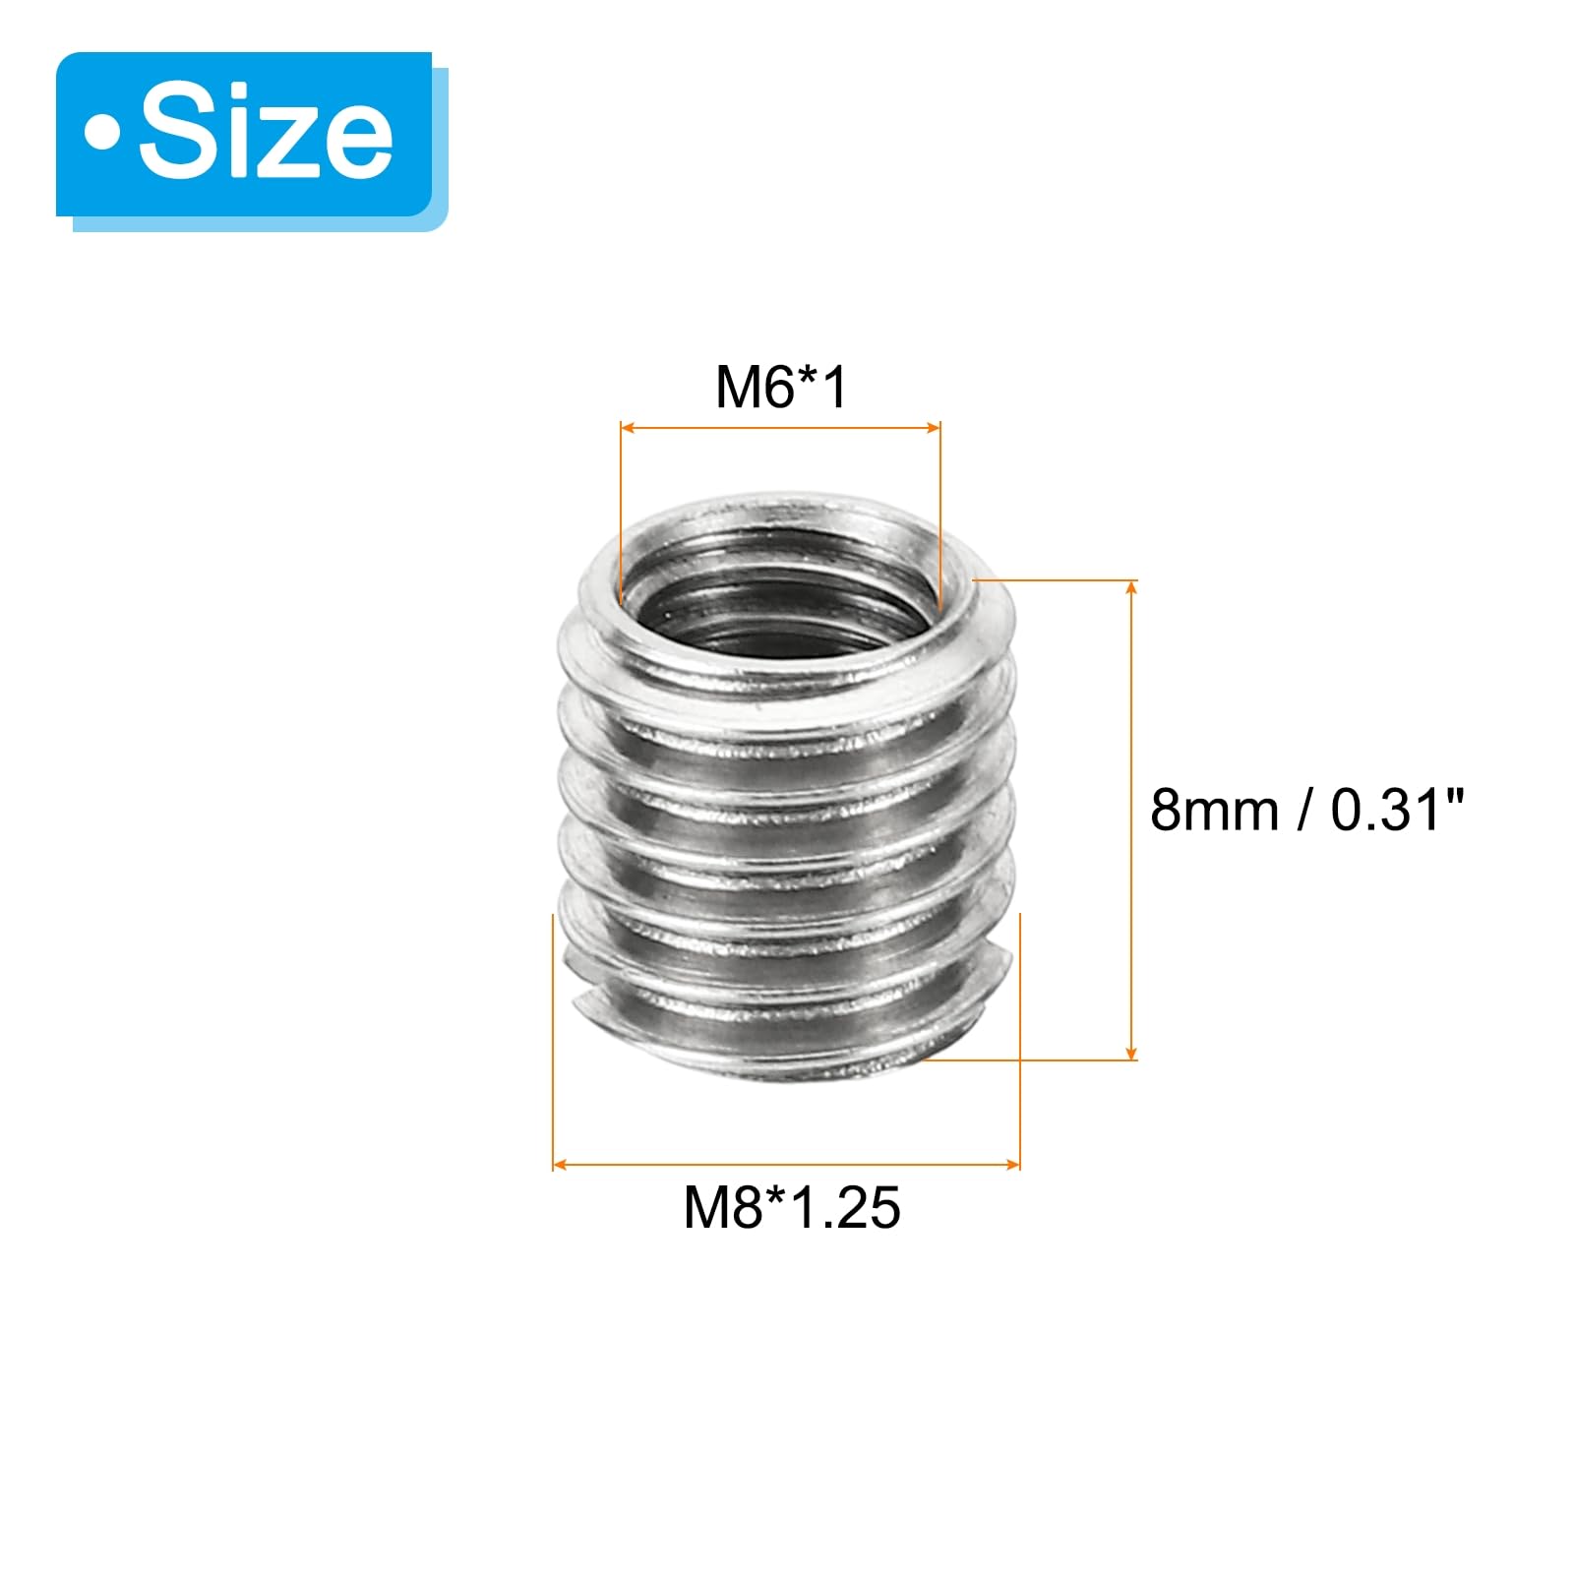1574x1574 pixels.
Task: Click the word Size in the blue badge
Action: (x=267, y=134)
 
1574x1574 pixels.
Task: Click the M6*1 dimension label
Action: (x=781, y=388)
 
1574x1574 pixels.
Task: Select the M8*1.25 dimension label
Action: (x=792, y=1207)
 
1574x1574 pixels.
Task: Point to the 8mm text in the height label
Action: (x=1214, y=811)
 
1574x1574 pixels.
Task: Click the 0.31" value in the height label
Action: (x=1398, y=811)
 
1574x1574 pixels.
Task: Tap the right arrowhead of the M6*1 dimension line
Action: (x=932, y=428)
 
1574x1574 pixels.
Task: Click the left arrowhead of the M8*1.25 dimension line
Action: (x=562, y=1165)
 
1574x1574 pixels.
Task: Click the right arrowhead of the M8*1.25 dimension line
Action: (x=1011, y=1165)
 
